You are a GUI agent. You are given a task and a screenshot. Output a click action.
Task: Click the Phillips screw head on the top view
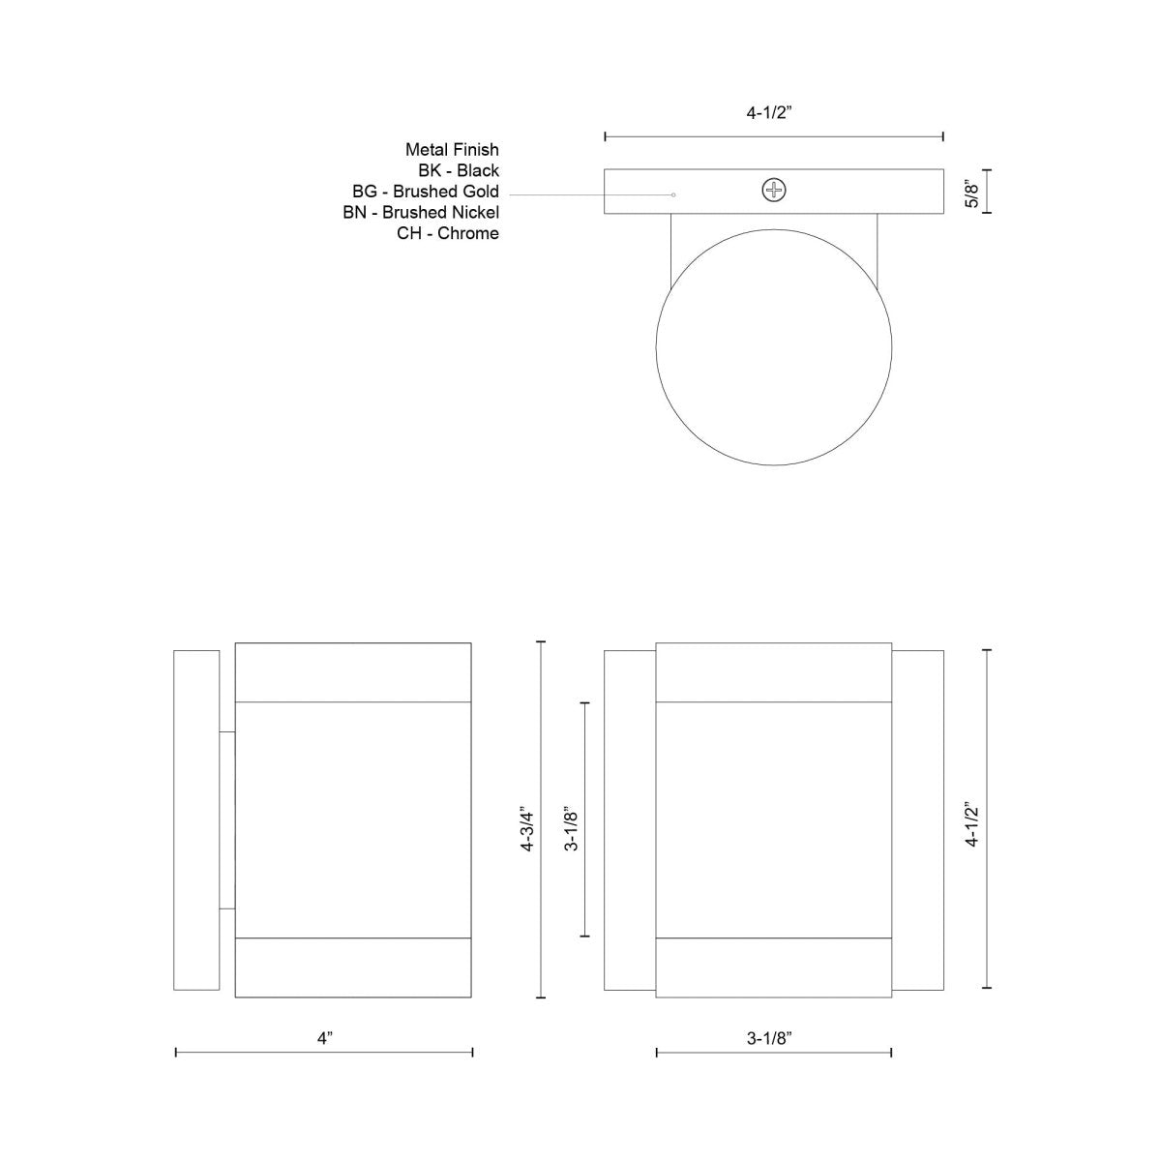[773, 191]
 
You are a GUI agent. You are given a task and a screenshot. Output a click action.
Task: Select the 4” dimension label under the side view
[324, 1038]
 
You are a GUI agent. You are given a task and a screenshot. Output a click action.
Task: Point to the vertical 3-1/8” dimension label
[572, 829]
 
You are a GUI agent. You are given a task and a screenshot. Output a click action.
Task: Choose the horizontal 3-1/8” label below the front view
[770, 1038]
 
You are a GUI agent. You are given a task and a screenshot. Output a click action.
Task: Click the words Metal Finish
[452, 150]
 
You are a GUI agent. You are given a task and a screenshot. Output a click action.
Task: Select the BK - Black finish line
[459, 171]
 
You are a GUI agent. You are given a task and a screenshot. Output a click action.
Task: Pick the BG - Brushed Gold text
[426, 192]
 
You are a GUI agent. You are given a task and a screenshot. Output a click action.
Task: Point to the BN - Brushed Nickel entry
[421, 212]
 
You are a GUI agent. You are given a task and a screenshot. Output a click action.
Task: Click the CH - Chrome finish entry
[448, 233]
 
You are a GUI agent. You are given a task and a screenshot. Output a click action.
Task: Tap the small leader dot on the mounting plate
[673, 194]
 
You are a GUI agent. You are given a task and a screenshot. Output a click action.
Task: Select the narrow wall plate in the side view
[196, 820]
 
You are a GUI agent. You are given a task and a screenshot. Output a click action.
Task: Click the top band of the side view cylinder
[353, 671]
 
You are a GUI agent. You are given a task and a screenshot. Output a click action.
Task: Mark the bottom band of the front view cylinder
[773, 967]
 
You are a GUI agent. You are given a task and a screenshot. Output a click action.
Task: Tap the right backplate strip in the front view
[917, 820]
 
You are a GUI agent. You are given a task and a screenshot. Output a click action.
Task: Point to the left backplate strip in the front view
[630, 820]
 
